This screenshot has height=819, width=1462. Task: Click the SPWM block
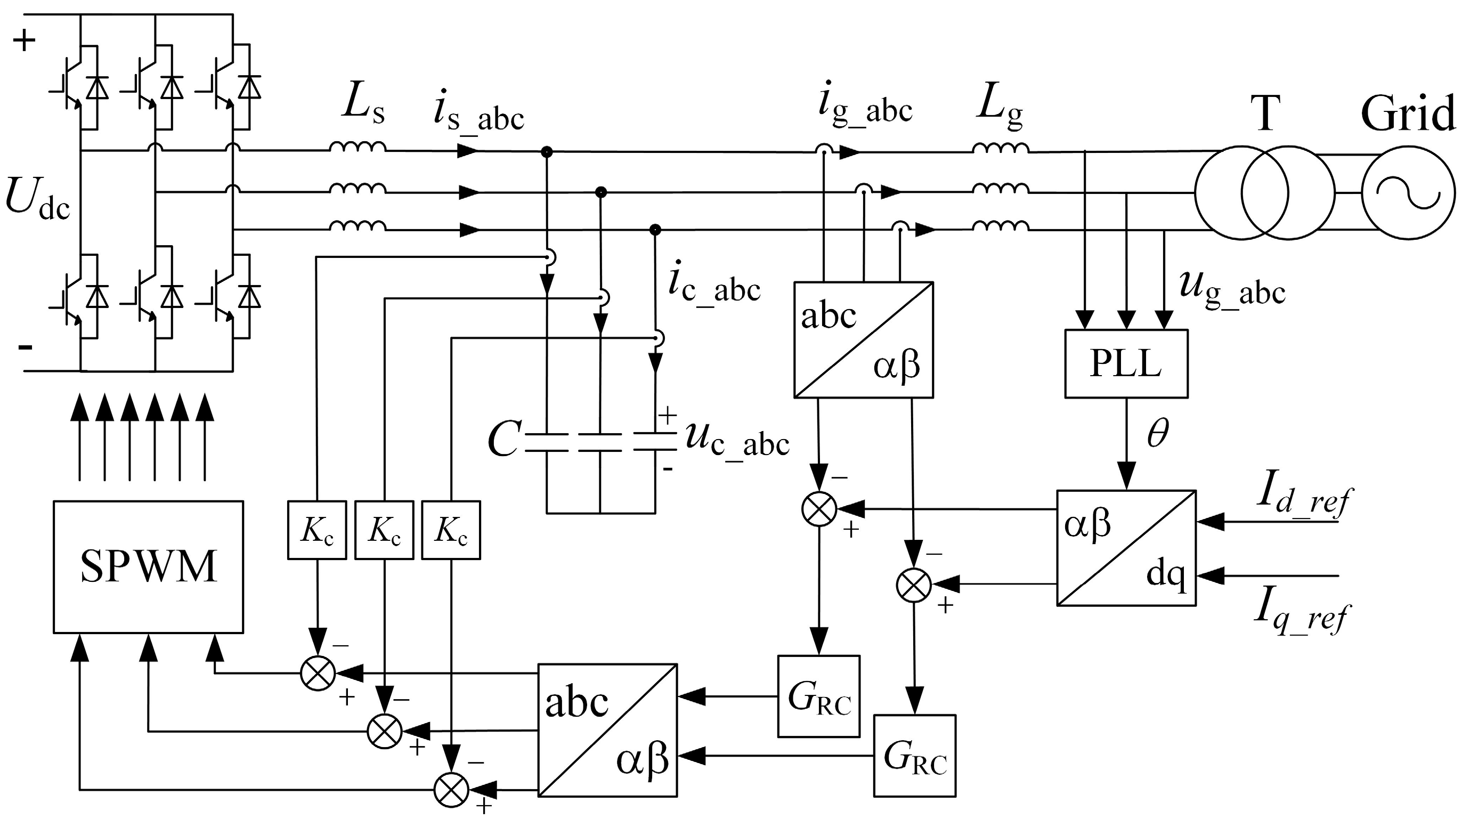tap(148, 566)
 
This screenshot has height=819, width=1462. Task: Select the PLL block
tap(1126, 363)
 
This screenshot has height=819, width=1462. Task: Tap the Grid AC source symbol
tap(1409, 193)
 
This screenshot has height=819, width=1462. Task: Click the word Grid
tap(1408, 113)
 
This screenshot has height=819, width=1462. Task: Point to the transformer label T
tap(1264, 113)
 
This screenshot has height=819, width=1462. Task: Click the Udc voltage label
tap(37, 200)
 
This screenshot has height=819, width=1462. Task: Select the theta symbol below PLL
tap(1158, 434)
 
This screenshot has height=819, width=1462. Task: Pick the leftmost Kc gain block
tap(316, 530)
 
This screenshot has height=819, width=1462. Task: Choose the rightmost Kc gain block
tap(451, 530)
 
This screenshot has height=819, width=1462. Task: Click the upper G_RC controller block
tap(819, 696)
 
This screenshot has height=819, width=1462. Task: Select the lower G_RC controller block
tap(914, 756)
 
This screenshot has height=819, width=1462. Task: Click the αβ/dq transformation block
tap(1126, 548)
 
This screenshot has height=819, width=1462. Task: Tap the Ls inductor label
tap(363, 106)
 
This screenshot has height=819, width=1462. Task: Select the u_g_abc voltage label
tap(1232, 290)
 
